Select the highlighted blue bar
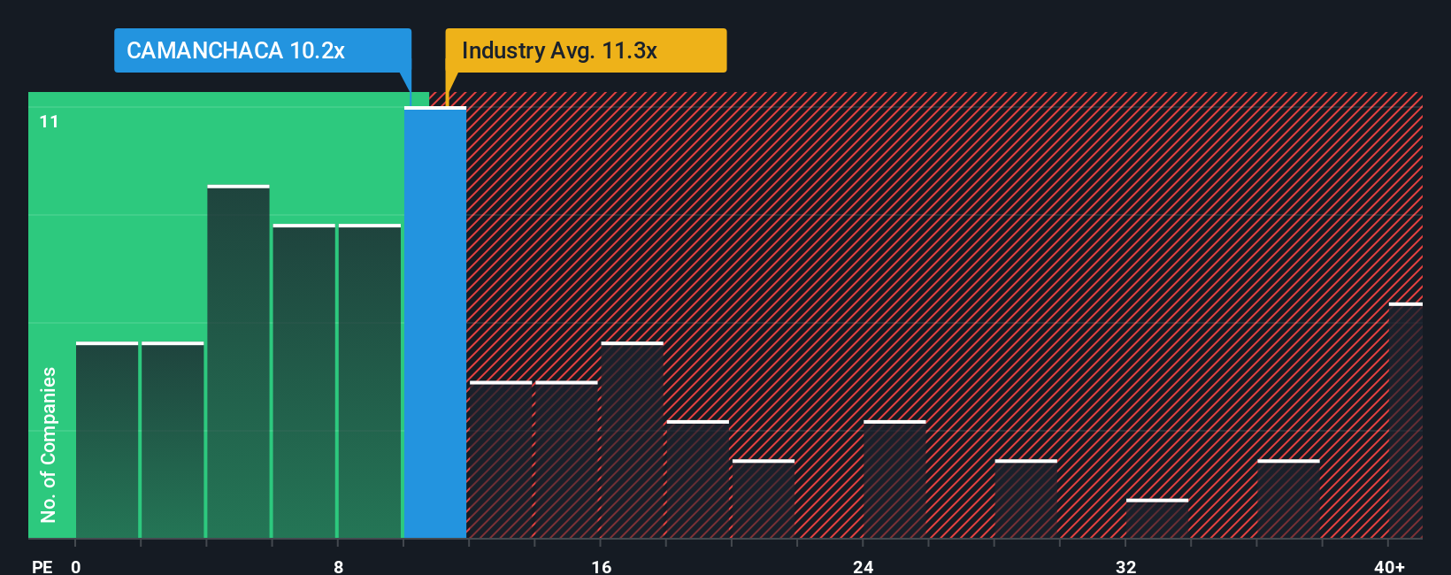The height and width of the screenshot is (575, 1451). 435,323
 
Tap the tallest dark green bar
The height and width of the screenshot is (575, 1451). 239,363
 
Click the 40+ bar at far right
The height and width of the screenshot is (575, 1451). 1405,421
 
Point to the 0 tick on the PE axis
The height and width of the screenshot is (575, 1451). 76,566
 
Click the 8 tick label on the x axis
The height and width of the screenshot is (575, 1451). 338,566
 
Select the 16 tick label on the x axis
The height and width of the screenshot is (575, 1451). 601,566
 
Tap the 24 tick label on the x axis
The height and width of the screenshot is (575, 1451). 864,566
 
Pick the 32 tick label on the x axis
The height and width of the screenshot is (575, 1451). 1125,566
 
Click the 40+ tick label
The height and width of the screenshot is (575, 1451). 1389,566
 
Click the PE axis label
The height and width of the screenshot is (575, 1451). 42,566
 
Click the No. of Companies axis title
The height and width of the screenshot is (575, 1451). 49,444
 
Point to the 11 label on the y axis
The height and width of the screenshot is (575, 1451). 50,121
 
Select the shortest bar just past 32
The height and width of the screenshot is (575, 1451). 1157,519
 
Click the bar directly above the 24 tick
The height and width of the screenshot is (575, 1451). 894,479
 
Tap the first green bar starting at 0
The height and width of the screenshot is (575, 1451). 107,441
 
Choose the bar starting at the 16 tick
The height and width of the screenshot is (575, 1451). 632,441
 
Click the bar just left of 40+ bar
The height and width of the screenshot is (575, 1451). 1288,499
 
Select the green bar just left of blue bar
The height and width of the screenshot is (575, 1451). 370,382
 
